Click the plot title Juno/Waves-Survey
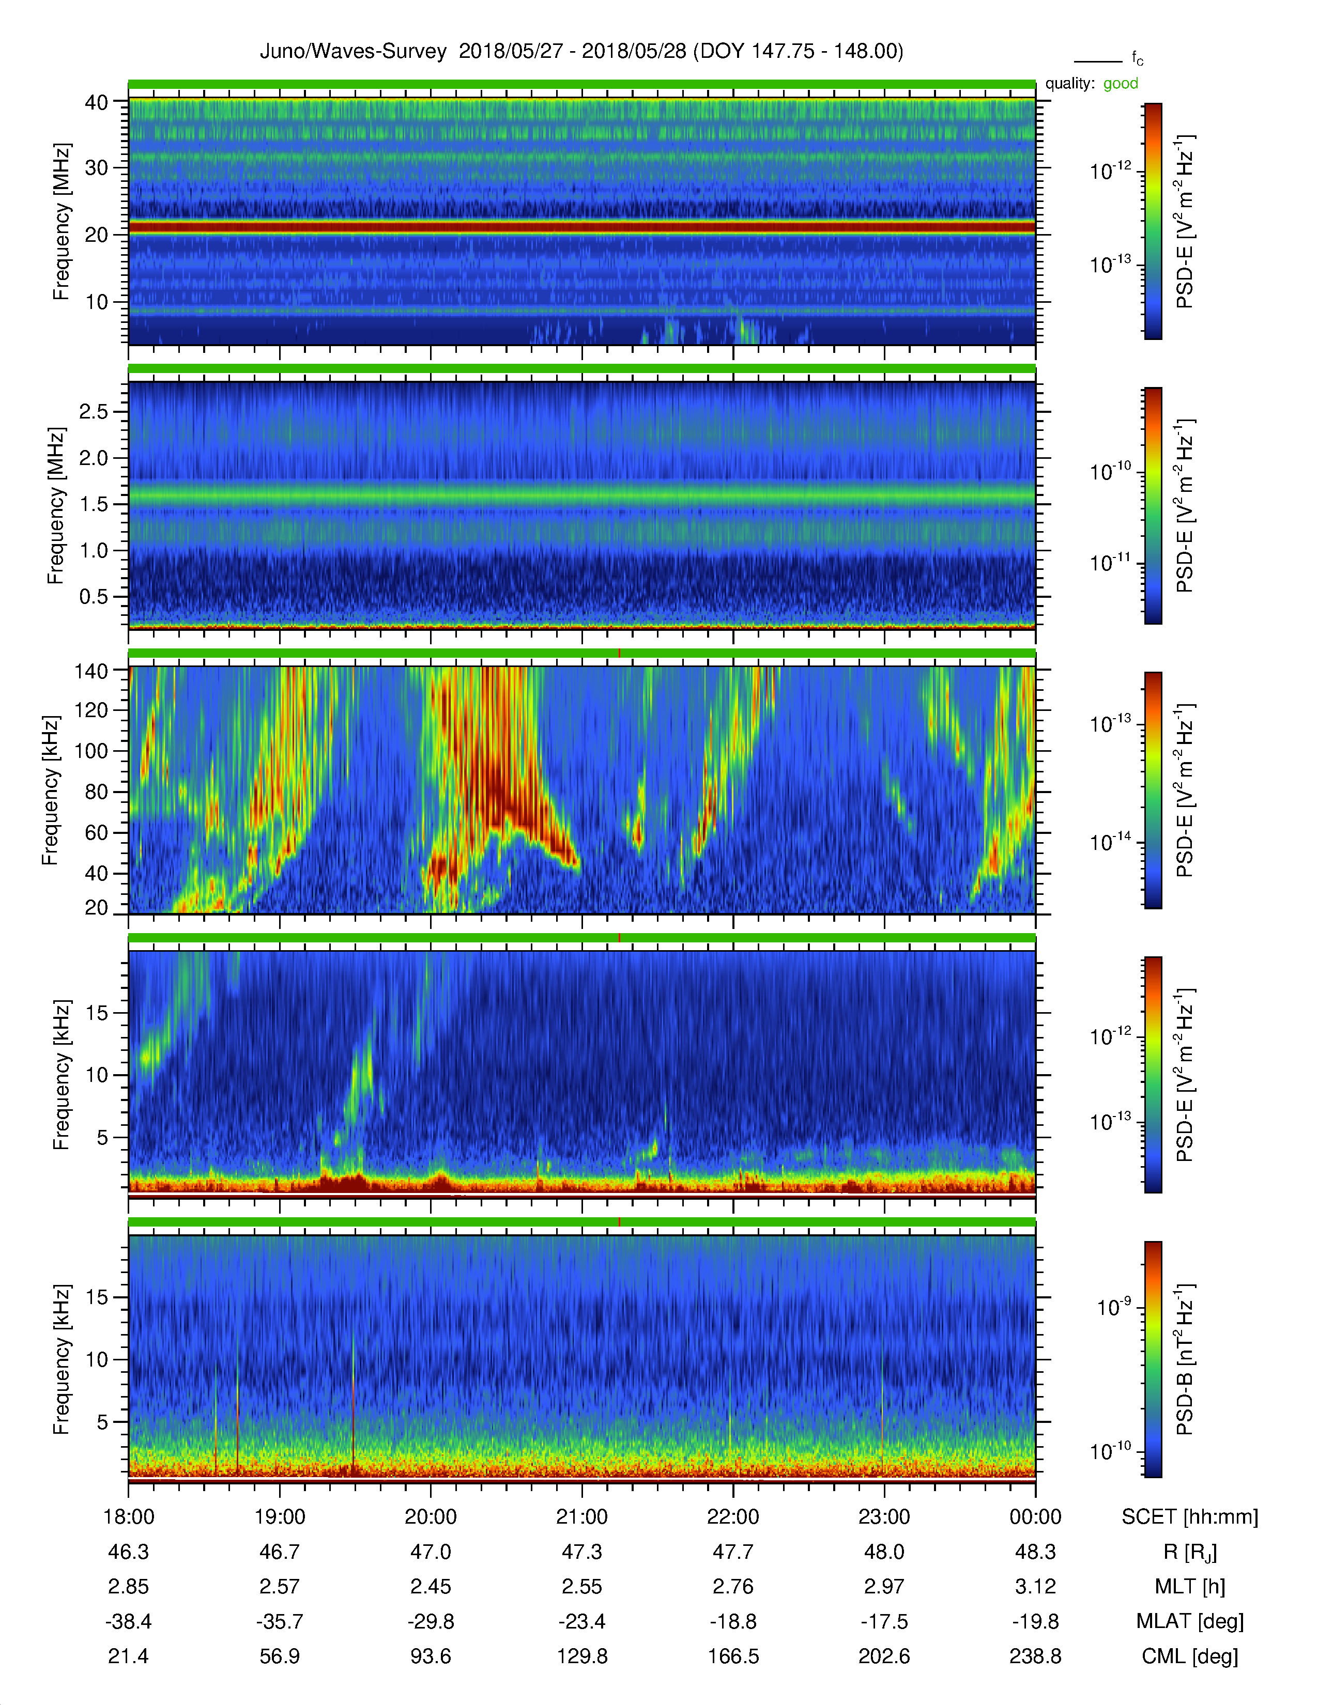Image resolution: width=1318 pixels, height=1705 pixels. point(353,52)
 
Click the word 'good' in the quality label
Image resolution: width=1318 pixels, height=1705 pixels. point(1121,84)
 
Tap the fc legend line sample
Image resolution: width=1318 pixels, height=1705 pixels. point(1098,61)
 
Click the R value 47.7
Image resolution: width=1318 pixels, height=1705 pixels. point(733,1551)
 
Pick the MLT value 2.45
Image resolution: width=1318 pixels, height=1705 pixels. point(431,1586)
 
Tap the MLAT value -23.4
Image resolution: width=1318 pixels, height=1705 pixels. point(581,1621)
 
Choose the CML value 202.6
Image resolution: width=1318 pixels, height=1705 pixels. point(884,1656)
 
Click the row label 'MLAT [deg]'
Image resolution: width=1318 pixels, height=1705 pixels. point(1190,1621)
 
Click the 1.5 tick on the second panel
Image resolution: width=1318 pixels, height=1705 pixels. point(94,504)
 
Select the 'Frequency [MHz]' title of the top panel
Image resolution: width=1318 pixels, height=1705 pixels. point(61,222)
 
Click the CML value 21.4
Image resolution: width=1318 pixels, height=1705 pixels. point(128,1656)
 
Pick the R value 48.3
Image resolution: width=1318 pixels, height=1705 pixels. point(1035,1551)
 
